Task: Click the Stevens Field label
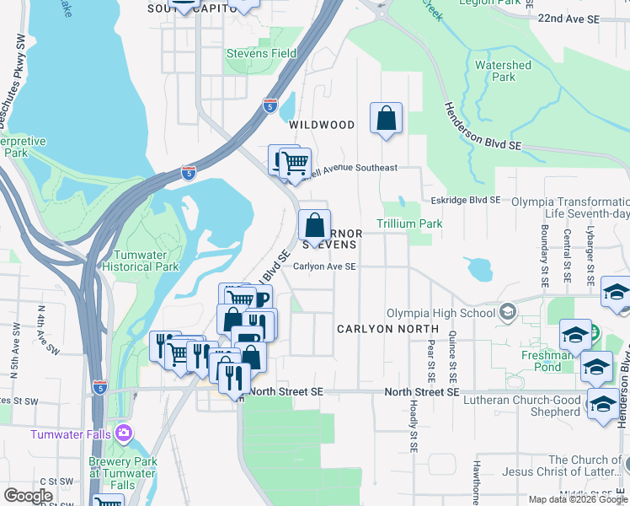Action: (x=261, y=53)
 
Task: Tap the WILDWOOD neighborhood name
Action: (x=322, y=125)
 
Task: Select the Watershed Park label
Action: (x=503, y=71)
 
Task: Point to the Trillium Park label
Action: (x=408, y=223)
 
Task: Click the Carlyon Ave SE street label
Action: (x=325, y=266)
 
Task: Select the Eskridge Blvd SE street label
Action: (x=466, y=200)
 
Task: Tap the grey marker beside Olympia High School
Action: (x=507, y=314)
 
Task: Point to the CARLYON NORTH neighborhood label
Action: (x=388, y=328)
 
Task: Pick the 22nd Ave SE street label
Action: (x=593, y=18)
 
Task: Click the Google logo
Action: (x=29, y=496)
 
